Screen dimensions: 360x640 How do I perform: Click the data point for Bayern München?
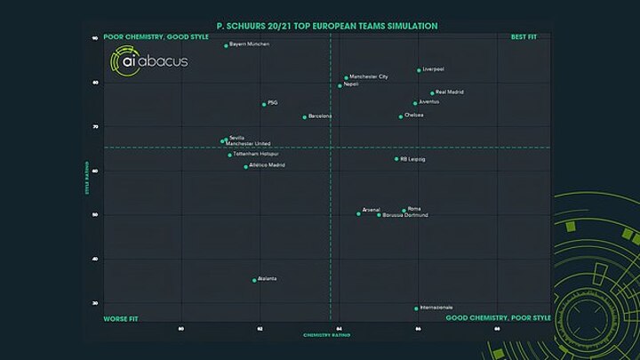tap(226, 45)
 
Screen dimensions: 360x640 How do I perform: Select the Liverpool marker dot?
tap(419, 70)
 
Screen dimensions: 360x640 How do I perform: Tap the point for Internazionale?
tap(416, 308)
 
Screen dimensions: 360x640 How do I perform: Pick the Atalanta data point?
tap(254, 280)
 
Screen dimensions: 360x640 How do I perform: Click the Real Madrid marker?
tap(432, 92)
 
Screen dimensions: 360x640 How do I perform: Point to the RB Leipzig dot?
tap(396, 159)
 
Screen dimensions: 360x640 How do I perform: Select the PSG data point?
tap(264, 104)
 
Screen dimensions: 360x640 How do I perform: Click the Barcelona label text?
tap(320, 116)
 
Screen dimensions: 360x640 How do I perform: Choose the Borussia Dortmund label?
tap(405, 215)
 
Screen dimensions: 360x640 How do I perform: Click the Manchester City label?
tap(369, 77)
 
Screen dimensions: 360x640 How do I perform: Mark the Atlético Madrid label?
tap(268, 165)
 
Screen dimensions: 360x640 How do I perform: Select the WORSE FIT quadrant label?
tap(120, 317)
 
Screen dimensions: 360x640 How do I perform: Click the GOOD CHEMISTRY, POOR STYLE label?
tap(498, 317)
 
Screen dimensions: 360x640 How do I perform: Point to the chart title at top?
tap(327, 26)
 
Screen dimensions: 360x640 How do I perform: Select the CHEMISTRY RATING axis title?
tap(326, 335)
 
